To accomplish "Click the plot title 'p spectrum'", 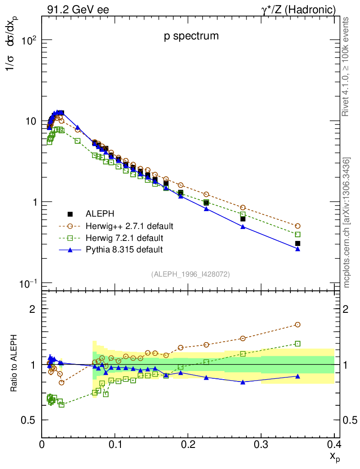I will pyautogui.click(x=191, y=37).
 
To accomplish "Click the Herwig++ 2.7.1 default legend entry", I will pyautogui.click(x=129, y=226).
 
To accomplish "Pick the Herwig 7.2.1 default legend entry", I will pyautogui.click(x=124, y=238).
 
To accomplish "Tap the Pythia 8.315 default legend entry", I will pyautogui.click(x=124, y=250).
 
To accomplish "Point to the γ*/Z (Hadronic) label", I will pyautogui.click(x=299, y=9).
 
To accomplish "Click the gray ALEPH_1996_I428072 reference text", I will pyautogui.click(x=190, y=274).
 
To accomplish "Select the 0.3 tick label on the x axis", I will pyautogui.click(x=261, y=444).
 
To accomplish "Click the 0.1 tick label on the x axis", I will pyautogui.click(x=115, y=444).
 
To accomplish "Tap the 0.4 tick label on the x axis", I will pyautogui.click(x=334, y=444).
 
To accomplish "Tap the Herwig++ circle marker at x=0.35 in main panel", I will pyautogui.click(x=298, y=226).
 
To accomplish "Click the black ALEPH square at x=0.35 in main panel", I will pyautogui.click(x=298, y=243).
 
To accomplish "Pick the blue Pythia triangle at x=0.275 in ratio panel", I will pyautogui.click(x=243, y=382).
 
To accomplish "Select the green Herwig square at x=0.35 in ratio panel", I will pyautogui.click(x=298, y=344).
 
